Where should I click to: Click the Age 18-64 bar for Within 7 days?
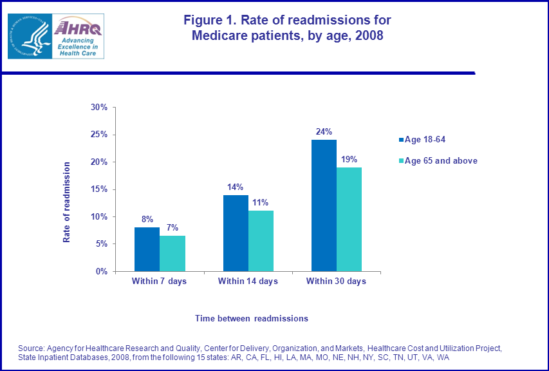pos(147,249)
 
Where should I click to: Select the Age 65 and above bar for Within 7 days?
pos(172,253)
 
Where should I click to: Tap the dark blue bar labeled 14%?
pos(236,233)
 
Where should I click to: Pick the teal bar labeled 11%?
pos(261,241)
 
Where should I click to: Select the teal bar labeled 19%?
pos(349,219)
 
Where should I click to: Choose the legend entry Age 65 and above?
pos(440,160)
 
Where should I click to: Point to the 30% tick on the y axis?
pos(99,107)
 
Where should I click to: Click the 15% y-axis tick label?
pos(99,189)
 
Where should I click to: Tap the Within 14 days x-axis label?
pos(248,281)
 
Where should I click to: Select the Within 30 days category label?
pos(336,281)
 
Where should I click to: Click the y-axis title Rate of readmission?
pos(66,202)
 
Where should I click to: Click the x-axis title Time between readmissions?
pos(252,318)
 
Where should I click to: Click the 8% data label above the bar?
pos(147,219)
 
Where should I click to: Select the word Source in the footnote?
pos(32,348)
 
